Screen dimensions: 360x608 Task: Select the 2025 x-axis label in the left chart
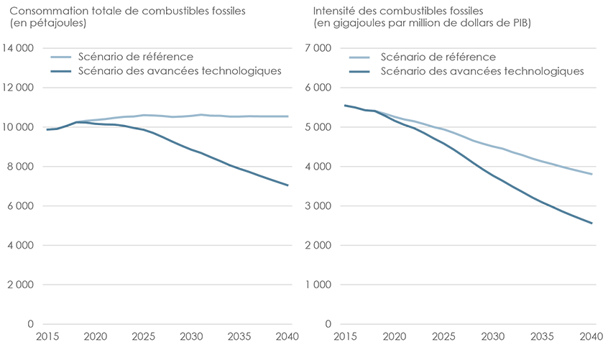pyautogui.click(x=143, y=336)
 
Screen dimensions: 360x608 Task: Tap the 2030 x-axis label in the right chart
pyautogui.click(x=492, y=336)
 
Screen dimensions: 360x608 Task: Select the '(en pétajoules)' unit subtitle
pyautogui.click(x=48, y=23)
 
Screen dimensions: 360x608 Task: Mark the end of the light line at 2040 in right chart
pyautogui.click(x=591, y=174)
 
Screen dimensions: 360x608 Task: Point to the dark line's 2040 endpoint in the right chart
pyautogui.click(x=591, y=223)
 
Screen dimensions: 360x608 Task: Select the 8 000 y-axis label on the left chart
pyautogui.click(x=23, y=166)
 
